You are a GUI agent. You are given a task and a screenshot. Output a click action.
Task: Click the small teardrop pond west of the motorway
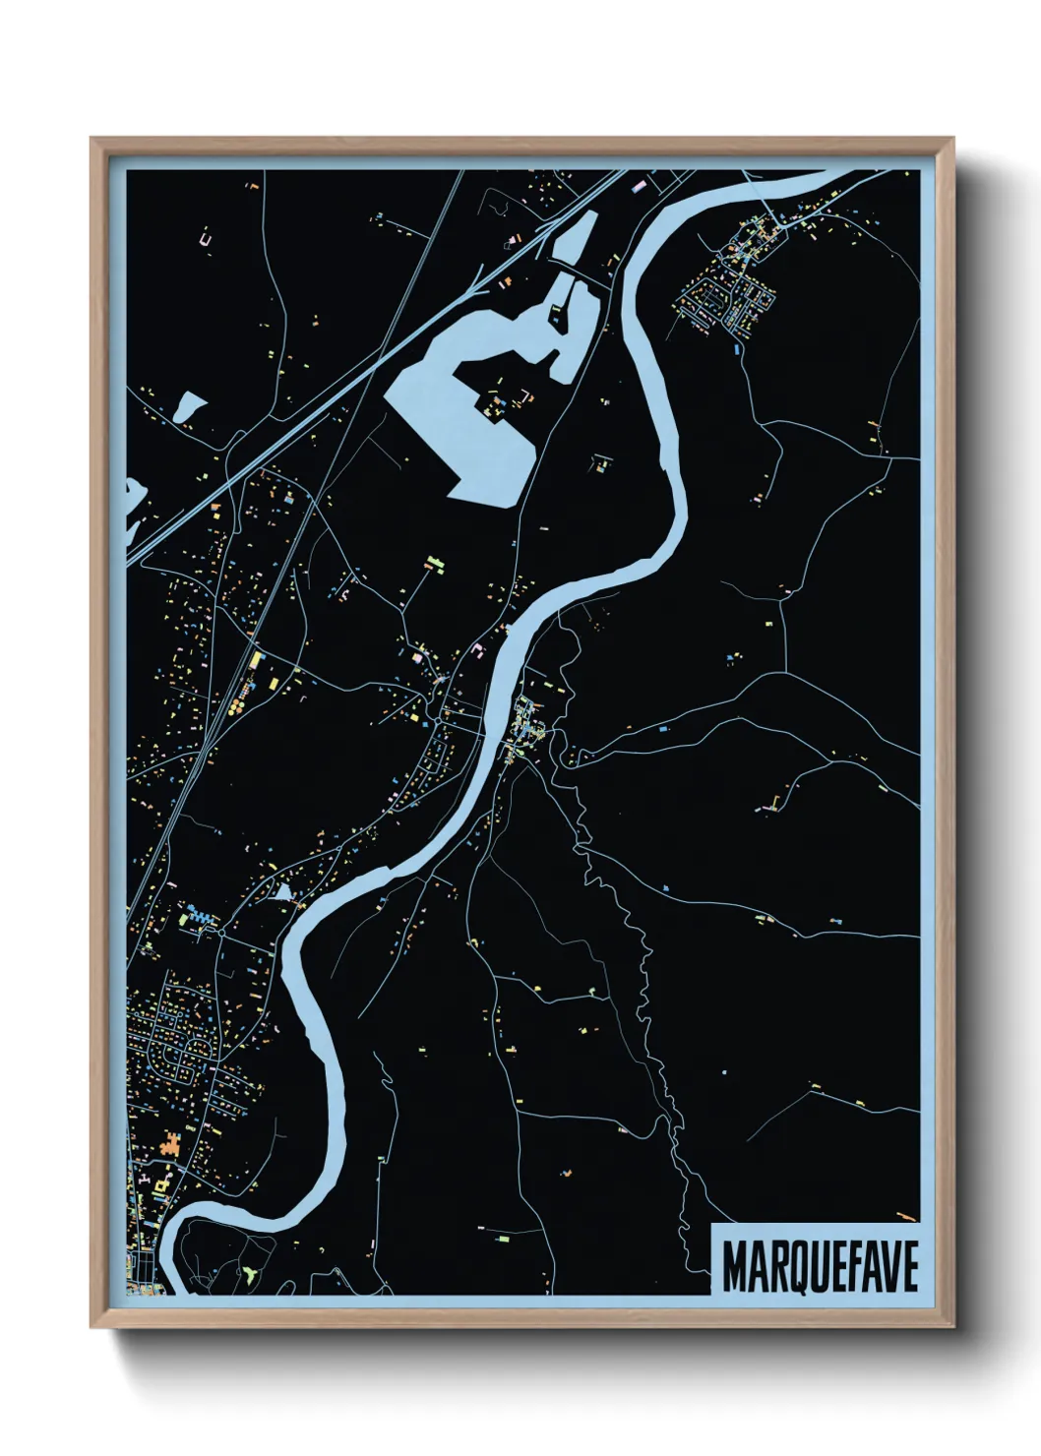[x=189, y=405]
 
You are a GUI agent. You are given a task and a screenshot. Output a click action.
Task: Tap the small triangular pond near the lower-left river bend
[x=283, y=893]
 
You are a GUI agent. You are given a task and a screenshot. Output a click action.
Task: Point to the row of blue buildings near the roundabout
[x=202, y=918]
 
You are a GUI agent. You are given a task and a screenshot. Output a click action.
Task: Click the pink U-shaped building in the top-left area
[x=206, y=237]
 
